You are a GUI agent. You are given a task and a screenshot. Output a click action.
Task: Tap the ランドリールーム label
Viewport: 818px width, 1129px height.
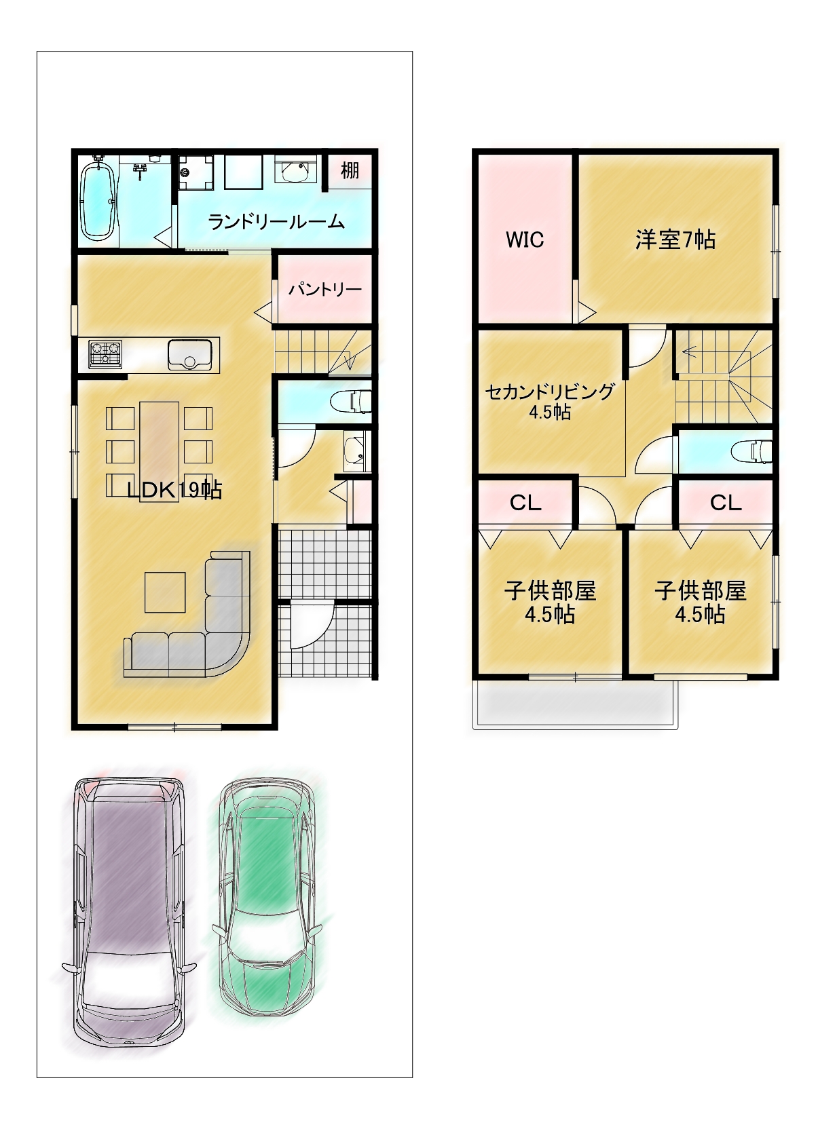coord(276,222)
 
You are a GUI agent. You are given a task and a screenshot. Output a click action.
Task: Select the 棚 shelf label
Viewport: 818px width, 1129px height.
coord(350,170)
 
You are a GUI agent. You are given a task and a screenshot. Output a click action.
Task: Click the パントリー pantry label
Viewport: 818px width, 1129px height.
coord(325,289)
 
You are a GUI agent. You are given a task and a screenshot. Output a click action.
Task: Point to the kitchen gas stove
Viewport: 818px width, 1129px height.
coord(105,353)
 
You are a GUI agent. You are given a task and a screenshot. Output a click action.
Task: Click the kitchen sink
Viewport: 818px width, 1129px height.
coord(189,355)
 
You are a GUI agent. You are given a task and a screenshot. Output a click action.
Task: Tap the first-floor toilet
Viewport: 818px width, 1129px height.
coord(351,401)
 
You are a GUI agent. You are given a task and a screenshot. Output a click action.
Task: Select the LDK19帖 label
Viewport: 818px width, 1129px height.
coord(174,490)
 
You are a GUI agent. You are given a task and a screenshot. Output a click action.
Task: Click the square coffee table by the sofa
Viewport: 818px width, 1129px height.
coord(165,592)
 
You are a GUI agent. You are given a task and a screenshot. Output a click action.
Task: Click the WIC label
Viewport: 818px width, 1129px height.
coord(525,240)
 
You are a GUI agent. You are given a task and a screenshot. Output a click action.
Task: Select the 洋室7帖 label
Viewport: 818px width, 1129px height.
coord(675,240)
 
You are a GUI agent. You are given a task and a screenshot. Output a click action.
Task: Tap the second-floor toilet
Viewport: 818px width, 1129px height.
coord(752,451)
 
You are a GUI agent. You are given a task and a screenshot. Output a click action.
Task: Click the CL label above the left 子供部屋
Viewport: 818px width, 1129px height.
coord(525,503)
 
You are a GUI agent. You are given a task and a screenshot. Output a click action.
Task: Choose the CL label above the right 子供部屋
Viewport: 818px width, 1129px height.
coord(726,502)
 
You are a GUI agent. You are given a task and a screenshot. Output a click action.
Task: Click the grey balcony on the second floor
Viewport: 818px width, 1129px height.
coord(575,704)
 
